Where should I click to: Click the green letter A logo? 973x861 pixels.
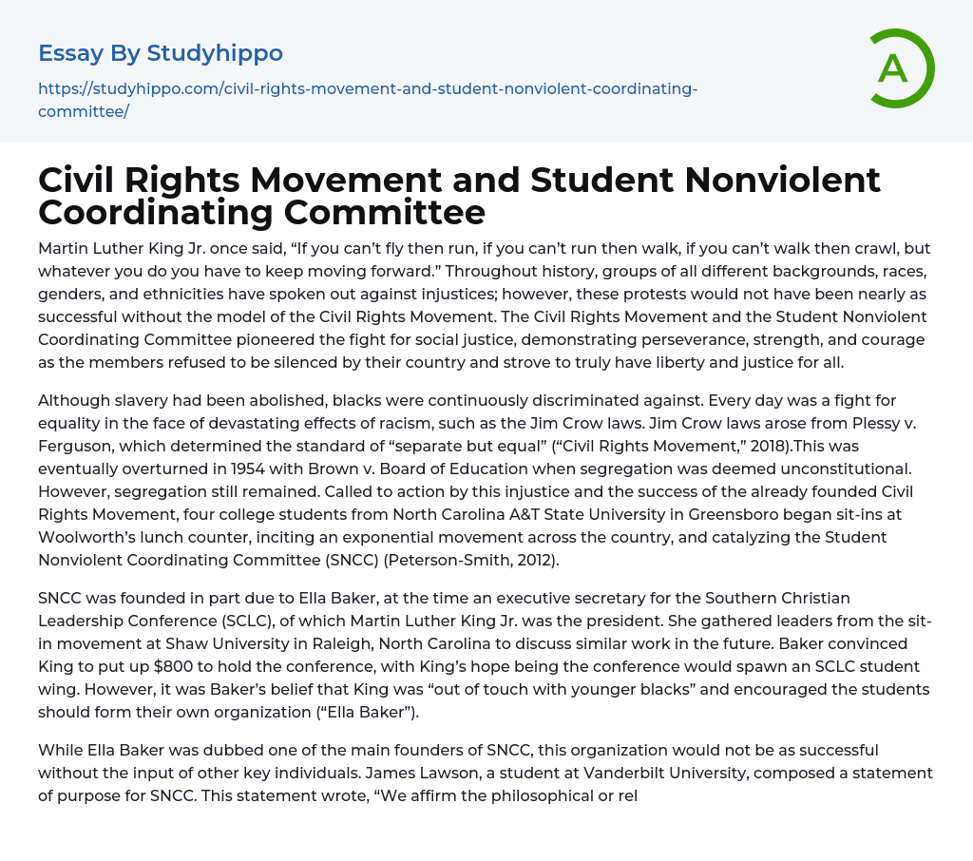(x=895, y=68)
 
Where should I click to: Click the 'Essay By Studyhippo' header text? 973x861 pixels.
(x=161, y=52)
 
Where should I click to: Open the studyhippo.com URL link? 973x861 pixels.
(x=368, y=100)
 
